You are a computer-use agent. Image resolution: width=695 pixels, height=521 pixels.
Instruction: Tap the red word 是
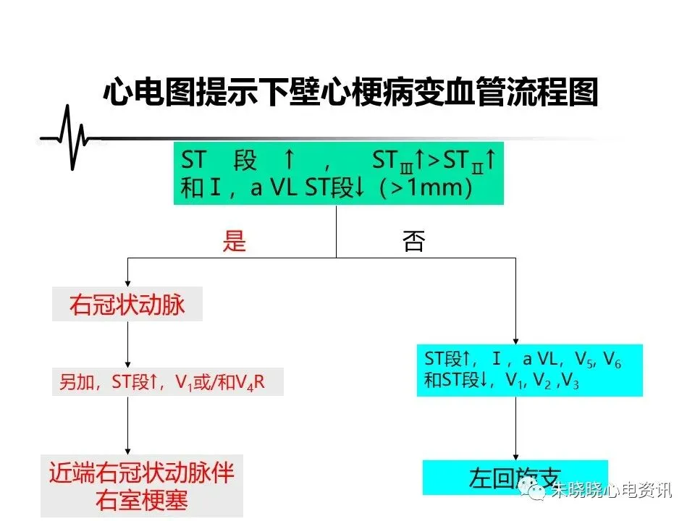pyautogui.click(x=235, y=242)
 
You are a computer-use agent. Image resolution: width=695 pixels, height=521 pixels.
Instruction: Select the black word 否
pyautogui.click(x=413, y=242)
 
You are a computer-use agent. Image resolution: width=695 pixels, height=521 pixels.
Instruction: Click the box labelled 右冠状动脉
pyautogui.click(x=127, y=305)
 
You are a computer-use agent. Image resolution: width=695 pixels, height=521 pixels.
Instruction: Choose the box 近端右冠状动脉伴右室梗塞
pyautogui.click(x=142, y=486)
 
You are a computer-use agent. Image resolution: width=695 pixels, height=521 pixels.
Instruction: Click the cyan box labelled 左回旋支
pyautogui.click(x=515, y=478)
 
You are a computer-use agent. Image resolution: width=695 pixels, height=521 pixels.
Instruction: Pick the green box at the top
pyautogui.click(x=338, y=174)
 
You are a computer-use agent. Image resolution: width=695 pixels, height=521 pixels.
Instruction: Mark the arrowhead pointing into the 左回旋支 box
pyautogui.click(x=515, y=455)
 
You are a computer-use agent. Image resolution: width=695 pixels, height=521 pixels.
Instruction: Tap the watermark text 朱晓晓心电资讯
pyautogui.click(x=612, y=491)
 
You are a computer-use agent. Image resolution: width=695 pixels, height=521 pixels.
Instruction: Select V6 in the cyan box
pyautogui.click(x=612, y=358)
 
